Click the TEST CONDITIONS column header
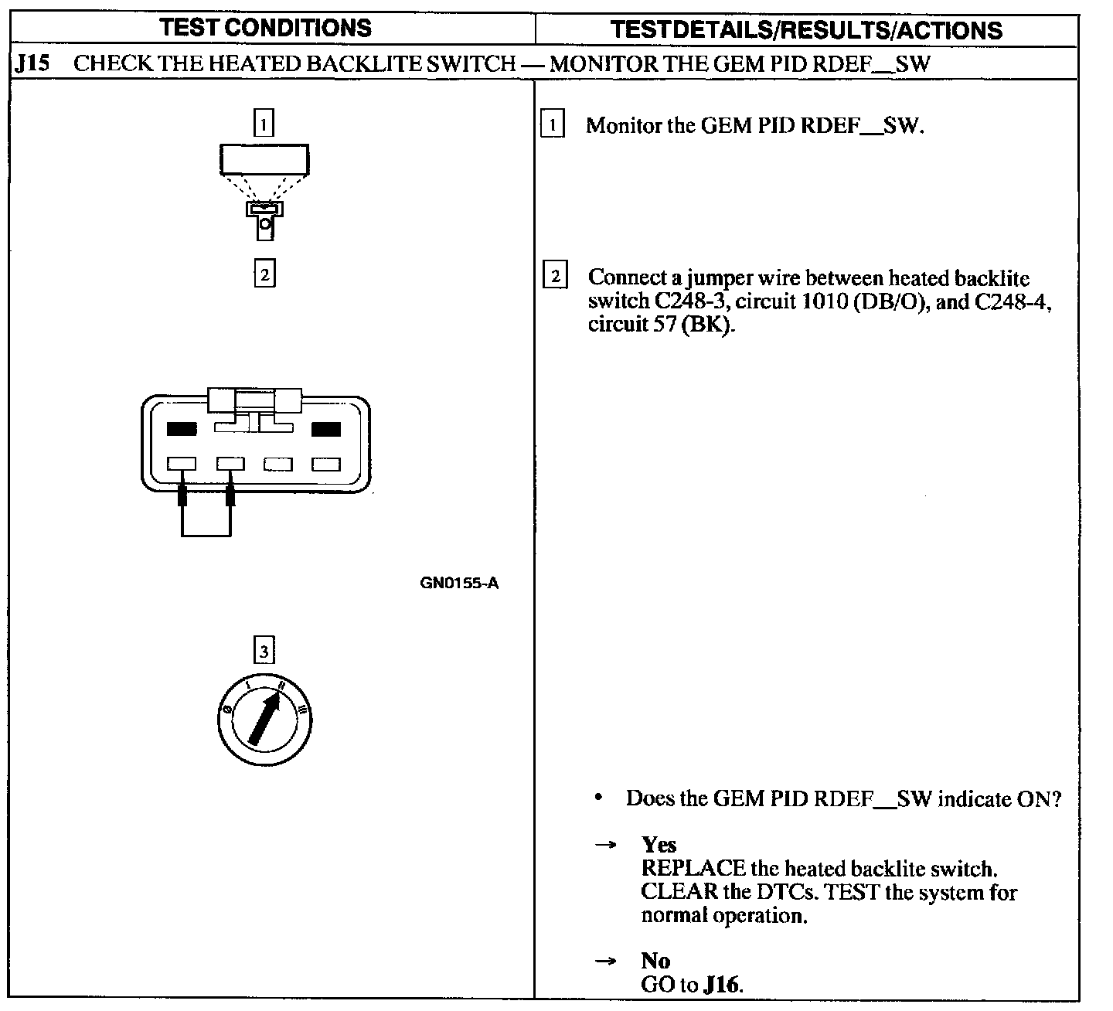click(x=265, y=28)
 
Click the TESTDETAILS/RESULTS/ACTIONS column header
click(x=806, y=29)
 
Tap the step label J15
click(x=32, y=63)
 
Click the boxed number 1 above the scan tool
click(x=264, y=123)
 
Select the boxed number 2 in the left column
click(x=264, y=274)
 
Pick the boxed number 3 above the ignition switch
click(x=264, y=651)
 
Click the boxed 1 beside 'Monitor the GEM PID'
click(x=553, y=124)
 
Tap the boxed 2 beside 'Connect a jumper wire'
click(x=555, y=276)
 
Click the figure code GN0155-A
click(x=459, y=584)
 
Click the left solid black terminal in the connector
click(x=182, y=429)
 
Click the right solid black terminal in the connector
click(x=325, y=429)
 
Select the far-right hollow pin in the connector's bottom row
click(x=325, y=465)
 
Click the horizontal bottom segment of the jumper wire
click(x=206, y=535)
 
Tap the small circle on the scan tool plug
click(x=265, y=224)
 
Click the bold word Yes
click(x=659, y=845)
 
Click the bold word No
click(x=655, y=961)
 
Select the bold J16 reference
click(x=722, y=985)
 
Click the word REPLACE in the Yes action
click(x=693, y=869)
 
